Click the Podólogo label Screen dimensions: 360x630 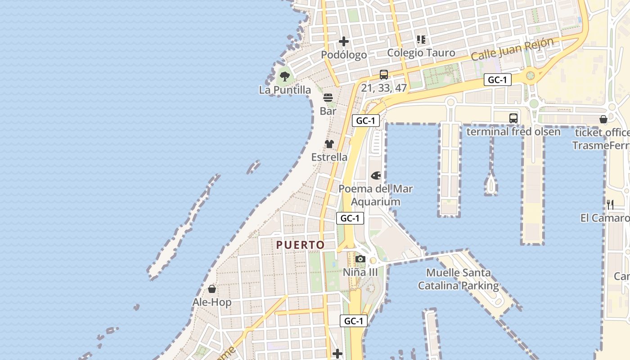(x=344, y=55)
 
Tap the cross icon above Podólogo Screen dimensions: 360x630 (x=344, y=42)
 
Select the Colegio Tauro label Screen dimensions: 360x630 (x=421, y=53)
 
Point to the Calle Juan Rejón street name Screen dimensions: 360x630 (x=513, y=49)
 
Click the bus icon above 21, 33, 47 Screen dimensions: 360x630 (x=383, y=75)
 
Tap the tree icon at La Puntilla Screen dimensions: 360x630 (x=284, y=76)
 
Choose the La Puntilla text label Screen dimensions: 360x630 (x=285, y=90)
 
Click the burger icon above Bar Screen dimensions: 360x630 (x=328, y=98)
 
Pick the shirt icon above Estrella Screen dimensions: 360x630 (x=329, y=144)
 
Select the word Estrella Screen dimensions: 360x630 (x=329, y=157)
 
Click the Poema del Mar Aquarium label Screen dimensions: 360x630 (x=376, y=195)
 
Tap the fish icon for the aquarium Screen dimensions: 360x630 (x=376, y=175)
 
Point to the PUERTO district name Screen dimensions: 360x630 (x=300, y=245)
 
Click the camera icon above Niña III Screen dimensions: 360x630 (x=360, y=259)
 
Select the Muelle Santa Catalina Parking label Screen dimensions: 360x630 (x=459, y=279)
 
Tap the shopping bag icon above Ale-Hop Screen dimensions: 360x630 (x=212, y=289)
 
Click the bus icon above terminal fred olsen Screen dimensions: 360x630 (x=513, y=118)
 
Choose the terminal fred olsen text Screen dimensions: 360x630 (x=513, y=132)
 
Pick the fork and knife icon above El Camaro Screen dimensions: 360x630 (x=610, y=205)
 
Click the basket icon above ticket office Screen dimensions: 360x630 (x=603, y=119)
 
